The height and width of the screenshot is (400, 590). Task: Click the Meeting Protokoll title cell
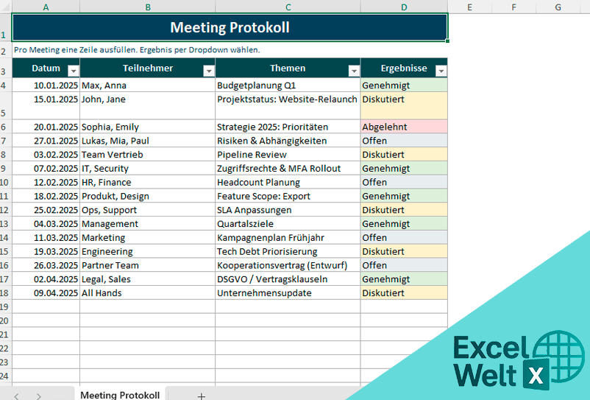tap(230, 28)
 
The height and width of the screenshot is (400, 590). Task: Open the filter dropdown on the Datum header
tap(73, 71)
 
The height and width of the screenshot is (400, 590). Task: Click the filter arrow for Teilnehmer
tap(209, 71)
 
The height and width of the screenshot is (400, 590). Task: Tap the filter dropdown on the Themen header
tap(355, 71)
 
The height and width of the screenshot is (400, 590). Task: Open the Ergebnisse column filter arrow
tap(441, 71)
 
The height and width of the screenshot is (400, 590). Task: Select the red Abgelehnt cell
tap(403, 127)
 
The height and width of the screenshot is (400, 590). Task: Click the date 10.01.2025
tap(56, 85)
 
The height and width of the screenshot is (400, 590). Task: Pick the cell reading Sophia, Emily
tap(110, 127)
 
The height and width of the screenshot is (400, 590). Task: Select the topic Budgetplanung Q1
tap(256, 85)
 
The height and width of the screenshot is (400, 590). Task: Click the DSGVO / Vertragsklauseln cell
tap(272, 279)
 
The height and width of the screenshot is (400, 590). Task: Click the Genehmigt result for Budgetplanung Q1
tap(403, 85)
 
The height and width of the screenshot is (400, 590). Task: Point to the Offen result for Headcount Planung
tap(403, 182)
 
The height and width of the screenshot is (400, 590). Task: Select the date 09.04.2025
tap(56, 293)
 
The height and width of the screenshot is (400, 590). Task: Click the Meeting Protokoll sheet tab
tap(120, 395)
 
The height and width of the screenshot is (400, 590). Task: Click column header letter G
tap(558, 7)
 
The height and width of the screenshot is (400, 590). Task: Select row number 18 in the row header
tap(4, 293)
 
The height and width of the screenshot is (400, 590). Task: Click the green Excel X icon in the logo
tap(536, 376)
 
